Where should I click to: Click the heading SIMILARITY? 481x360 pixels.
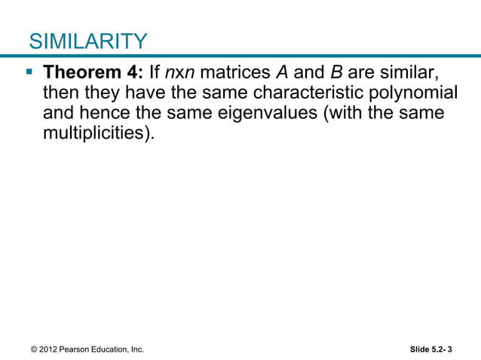pos(87,41)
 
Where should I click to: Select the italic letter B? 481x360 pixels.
pos(338,75)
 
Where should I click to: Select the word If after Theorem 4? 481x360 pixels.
pos(154,75)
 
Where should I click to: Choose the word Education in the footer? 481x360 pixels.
pos(113,349)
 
